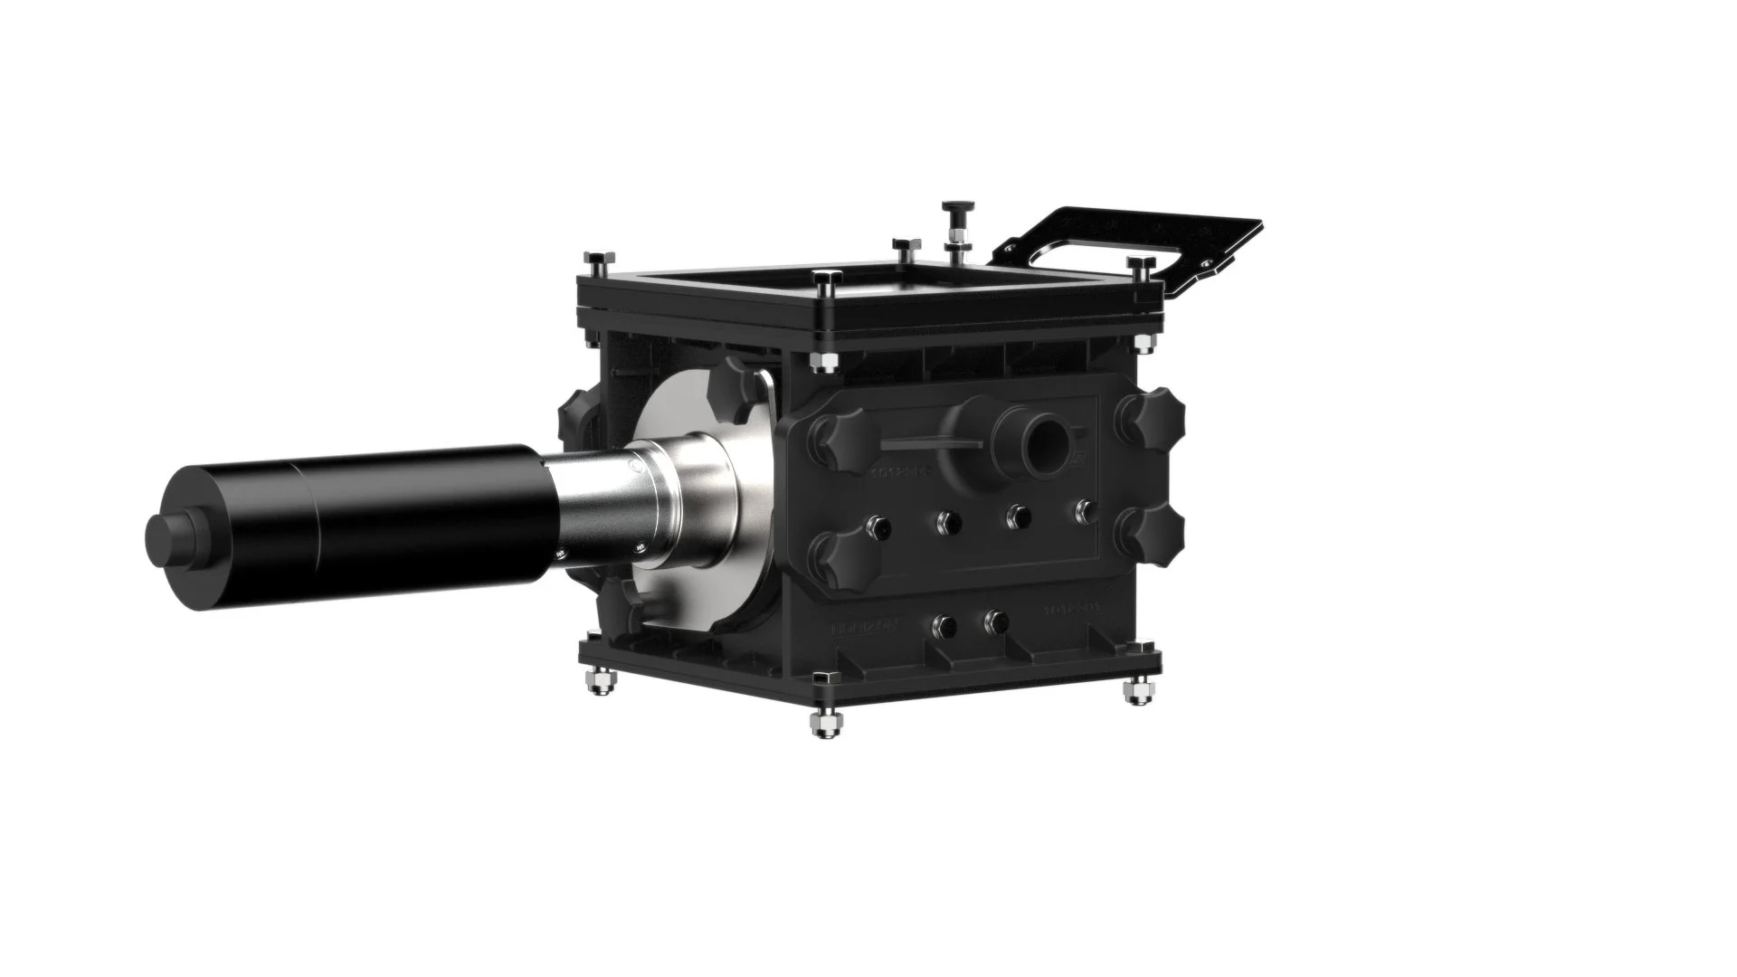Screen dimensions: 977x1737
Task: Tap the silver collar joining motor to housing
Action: click(633, 507)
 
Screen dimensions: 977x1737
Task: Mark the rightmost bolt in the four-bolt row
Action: click(1083, 511)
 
